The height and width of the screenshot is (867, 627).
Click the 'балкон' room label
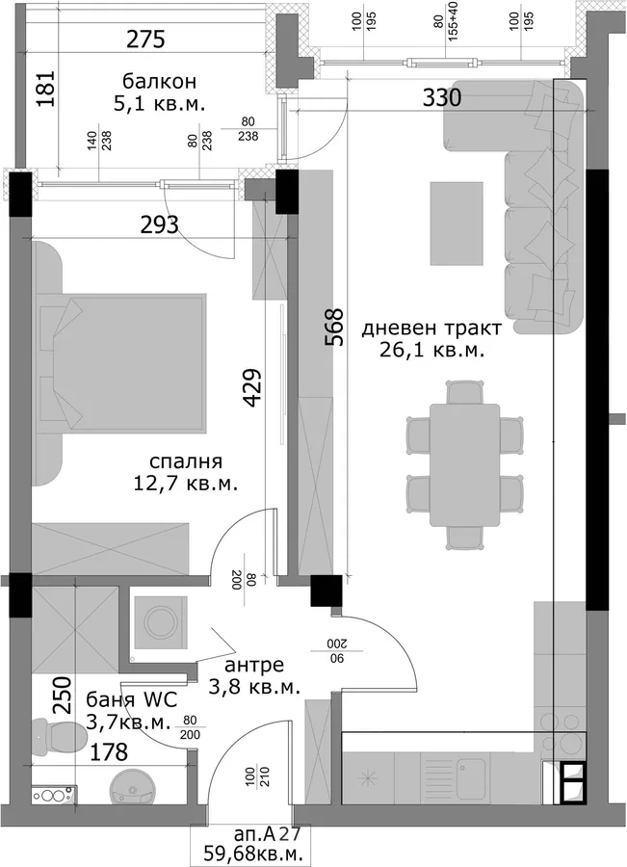(x=159, y=82)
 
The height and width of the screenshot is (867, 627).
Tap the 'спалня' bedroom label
(x=186, y=461)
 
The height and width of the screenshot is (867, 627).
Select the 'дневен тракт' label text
(x=431, y=328)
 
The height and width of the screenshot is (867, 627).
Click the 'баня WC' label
(x=132, y=700)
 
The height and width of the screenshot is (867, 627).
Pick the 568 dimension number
(x=334, y=327)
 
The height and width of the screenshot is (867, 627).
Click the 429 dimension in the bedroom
(x=251, y=387)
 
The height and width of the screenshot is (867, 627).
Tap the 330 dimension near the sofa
(x=442, y=98)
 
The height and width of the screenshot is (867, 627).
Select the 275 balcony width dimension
(x=146, y=39)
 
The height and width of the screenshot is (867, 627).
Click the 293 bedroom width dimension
(x=160, y=225)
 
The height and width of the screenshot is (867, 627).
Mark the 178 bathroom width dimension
(x=109, y=752)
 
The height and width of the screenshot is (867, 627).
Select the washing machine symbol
(x=159, y=622)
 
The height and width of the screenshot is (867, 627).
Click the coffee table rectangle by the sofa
(x=457, y=223)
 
